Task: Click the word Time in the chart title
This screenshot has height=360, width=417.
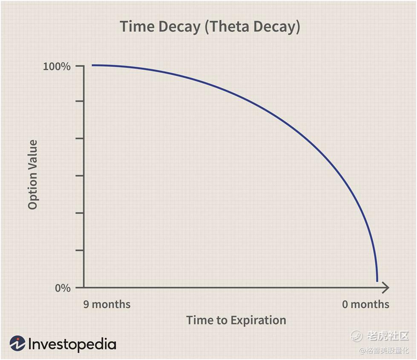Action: [137, 26]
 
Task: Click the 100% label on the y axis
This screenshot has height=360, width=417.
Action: [57, 66]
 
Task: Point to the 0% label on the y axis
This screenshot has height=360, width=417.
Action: [63, 288]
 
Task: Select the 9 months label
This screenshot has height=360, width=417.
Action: [107, 304]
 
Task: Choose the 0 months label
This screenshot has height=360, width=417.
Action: [365, 304]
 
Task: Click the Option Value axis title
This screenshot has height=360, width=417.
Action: [33, 174]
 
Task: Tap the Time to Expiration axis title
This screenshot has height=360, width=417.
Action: [236, 320]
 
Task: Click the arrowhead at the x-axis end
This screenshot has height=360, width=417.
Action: [386, 287]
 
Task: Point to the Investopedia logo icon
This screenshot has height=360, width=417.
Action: [17, 343]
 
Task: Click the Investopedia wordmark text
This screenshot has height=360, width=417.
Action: [72, 344]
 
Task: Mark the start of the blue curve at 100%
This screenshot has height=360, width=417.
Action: [92, 65]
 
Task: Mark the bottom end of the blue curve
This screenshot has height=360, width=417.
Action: [377, 281]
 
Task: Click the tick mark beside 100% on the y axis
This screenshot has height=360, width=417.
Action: [80, 66]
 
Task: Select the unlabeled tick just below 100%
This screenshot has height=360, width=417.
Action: [80, 101]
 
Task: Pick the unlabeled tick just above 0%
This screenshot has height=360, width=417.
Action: [80, 250]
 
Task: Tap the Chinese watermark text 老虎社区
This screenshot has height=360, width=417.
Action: [388, 336]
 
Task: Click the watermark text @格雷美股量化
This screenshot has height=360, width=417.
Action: [384, 351]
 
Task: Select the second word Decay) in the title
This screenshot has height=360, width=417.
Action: [277, 27]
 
